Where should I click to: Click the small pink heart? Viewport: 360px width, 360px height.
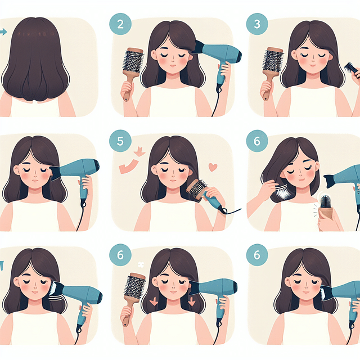pos(213,167)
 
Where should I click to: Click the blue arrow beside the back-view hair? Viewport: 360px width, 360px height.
pos(3,32)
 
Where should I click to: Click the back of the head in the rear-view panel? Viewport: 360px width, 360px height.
pos(37,51)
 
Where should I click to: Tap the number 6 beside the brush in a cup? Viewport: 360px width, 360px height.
pos(256,142)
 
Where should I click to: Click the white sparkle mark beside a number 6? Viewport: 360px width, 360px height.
pos(141,263)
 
